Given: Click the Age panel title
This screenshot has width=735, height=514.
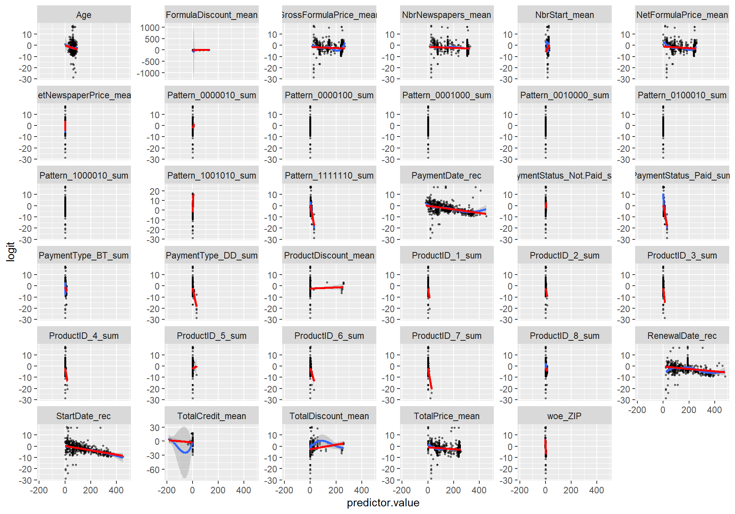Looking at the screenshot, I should click(83, 15).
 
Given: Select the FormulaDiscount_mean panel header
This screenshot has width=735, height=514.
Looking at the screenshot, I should click(211, 15).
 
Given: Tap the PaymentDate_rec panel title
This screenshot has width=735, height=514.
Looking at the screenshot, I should click(446, 176).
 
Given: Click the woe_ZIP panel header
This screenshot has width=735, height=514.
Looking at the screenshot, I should click(564, 416).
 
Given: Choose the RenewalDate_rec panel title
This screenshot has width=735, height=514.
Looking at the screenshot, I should click(682, 336).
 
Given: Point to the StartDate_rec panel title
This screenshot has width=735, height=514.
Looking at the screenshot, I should click(83, 416).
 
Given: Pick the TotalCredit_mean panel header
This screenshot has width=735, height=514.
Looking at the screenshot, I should click(211, 416).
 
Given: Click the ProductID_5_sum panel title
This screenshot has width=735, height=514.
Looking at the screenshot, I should click(211, 336).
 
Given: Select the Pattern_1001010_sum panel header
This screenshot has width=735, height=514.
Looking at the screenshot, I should click(211, 176).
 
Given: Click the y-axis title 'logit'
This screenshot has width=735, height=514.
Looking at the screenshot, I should click(11, 251).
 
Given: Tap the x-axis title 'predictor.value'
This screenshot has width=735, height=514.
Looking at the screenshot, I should click(383, 503).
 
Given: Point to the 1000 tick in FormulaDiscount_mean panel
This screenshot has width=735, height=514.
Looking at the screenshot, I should click(150, 28).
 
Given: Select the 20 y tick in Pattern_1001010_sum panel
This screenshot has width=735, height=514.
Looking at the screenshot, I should click(155, 191).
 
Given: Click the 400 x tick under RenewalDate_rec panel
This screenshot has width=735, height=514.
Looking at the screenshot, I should click(714, 410).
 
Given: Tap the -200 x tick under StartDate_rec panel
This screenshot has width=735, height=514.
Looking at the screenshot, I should click(39, 490).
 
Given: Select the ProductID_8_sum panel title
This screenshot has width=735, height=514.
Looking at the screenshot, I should click(564, 336).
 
